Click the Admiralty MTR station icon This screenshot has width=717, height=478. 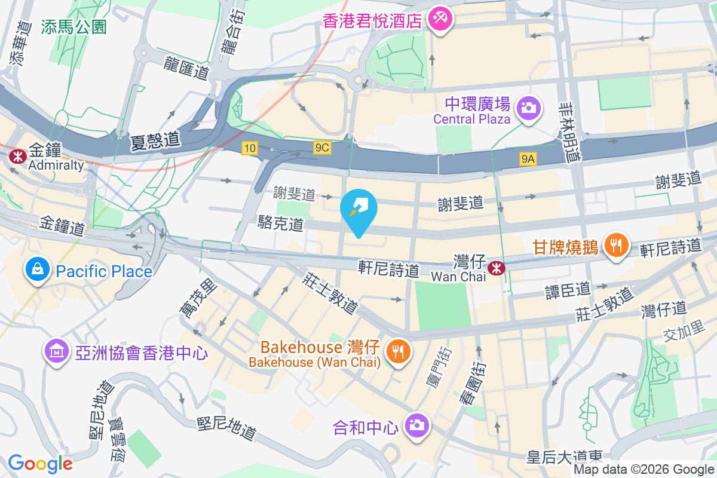(x=17, y=156)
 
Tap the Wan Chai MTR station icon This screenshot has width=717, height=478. (x=495, y=268)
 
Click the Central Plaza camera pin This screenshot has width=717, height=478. (x=528, y=108)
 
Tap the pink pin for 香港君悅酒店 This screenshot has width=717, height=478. (x=441, y=19)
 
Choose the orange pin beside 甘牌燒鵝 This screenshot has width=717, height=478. (x=615, y=245)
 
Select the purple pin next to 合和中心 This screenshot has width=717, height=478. (x=416, y=426)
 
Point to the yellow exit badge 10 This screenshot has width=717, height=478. (x=250, y=148)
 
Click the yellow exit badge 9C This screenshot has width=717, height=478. (x=321, y=148)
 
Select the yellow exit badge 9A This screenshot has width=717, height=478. (x=528, y=158)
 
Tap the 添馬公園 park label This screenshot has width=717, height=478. (x=74, y=27)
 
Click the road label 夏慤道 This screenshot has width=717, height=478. (x=155, y=141)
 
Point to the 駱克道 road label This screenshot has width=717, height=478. (x=281, y=224)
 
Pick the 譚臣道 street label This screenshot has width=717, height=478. (x=568, y=289)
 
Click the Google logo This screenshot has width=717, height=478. (x=40, y=463)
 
